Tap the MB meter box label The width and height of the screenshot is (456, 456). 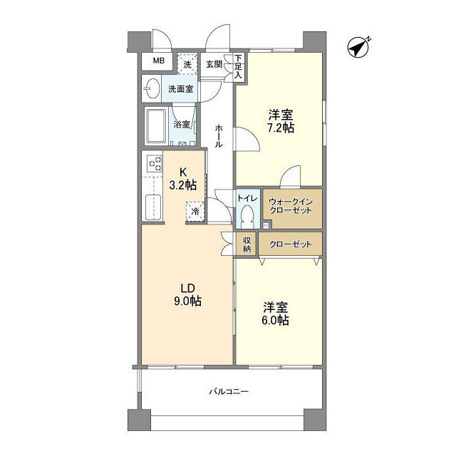tap(158, 61)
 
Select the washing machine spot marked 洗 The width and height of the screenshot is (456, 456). tap(187, 63)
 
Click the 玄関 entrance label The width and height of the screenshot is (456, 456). tap(213, 64)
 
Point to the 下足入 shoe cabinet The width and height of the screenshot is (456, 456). tap(237, 66)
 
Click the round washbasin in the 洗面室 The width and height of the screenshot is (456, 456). tap(151, 89)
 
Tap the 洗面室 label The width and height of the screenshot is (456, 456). tap(179, 90)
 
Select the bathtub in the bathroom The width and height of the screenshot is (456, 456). tap(156, 126)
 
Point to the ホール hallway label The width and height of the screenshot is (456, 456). tap(218, 135)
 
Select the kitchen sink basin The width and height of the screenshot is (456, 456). tap(152, 207)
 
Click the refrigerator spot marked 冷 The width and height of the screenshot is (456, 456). tap(195, 211)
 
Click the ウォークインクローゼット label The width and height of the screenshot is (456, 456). tap(291, 207)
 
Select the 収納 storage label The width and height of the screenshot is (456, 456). tap(247, 244)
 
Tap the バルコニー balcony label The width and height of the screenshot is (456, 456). tap(228, 391)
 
